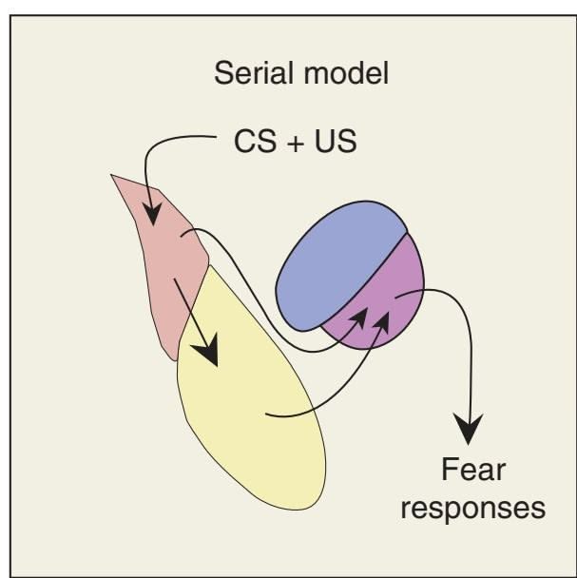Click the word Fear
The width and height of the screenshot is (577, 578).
pyautogui.click(x=472, y=470)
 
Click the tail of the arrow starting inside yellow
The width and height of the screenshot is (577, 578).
pyautogui.click(x=268, y=414)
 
